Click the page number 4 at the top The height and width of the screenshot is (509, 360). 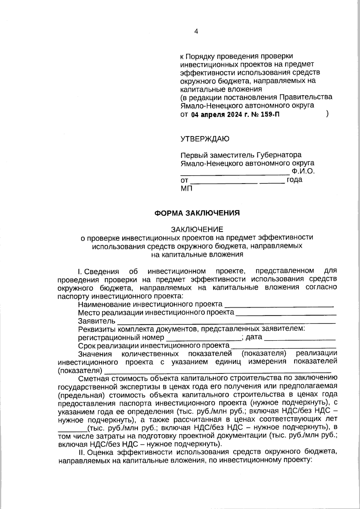[196, 31]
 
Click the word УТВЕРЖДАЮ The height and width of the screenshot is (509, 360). [205, 139]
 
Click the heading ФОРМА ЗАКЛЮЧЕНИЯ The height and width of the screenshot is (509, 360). [197, 213]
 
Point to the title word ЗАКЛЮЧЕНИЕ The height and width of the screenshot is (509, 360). [197, 229]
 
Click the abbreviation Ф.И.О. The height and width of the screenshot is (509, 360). [303, 172]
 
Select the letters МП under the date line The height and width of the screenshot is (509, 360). [187, 188]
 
